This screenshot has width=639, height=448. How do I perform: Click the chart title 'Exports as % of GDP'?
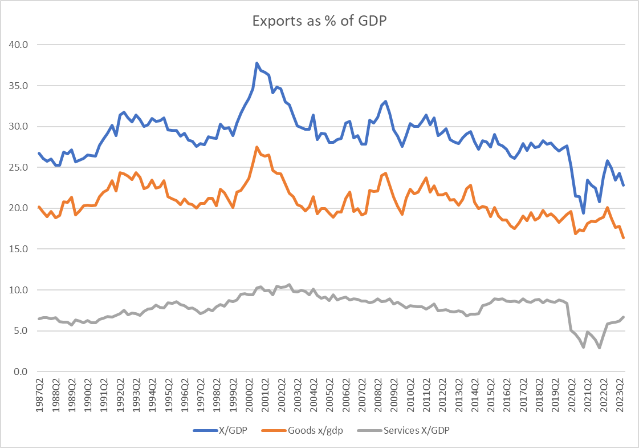point(319,21)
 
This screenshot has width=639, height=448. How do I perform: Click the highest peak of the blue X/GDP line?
point(257,63)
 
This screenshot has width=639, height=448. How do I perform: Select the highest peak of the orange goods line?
point(257,147)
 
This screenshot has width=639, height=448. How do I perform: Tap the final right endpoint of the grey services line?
point(624,317)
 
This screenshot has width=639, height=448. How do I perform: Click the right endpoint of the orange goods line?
point(624,238)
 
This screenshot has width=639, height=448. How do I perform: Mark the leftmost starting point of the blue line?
point(38,153)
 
